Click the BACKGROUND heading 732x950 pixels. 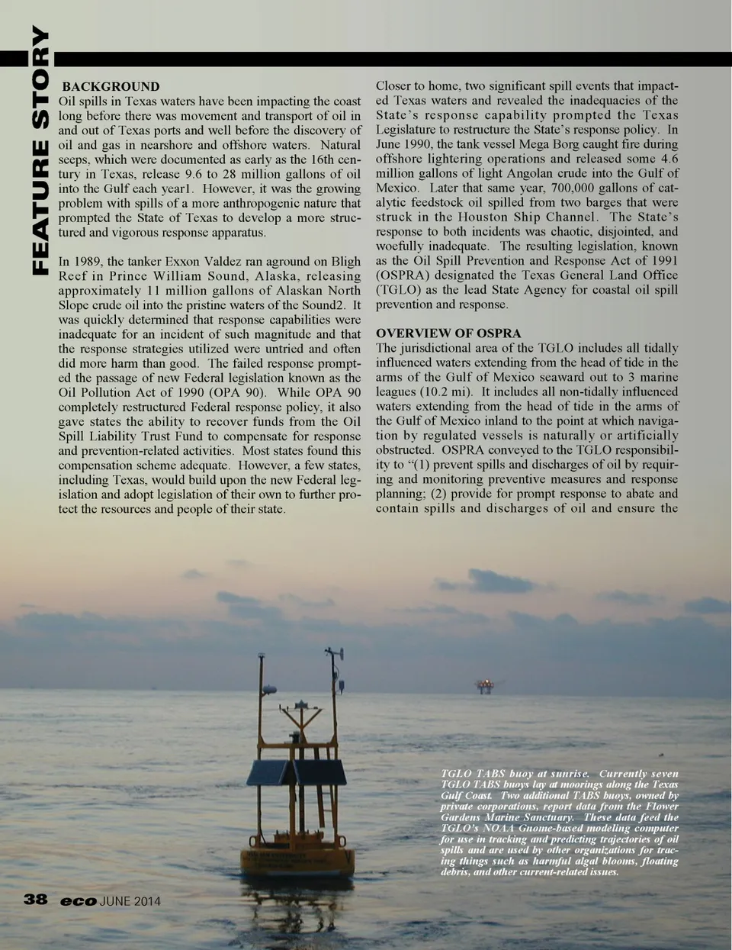click(111, 86)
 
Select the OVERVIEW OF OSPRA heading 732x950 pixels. click(448, 333)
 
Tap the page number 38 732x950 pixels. click(36, 900)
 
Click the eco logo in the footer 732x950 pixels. click(79, 901)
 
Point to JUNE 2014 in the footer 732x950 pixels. click(130, 901)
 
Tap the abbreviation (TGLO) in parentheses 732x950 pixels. click(400, 290)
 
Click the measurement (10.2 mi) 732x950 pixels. click(444, 391)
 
